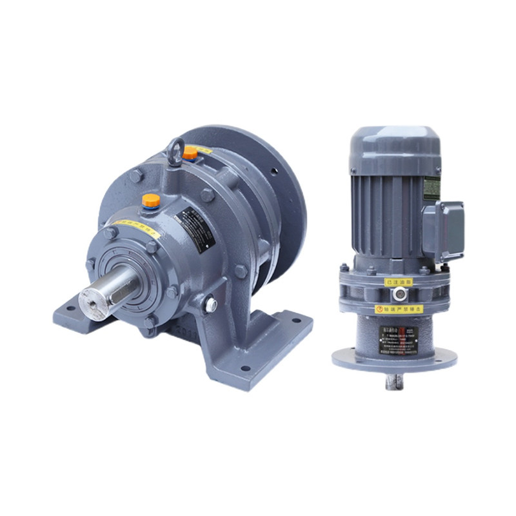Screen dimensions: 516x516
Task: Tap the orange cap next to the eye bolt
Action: tap(190, 153)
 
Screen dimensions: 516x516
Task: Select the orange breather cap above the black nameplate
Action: tap(151, 201)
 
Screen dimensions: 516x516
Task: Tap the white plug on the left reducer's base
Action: tap(210, 303)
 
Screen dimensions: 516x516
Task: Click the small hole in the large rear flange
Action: tap(275, 173)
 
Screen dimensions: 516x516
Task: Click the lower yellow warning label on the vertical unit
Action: tap(399, 309)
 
